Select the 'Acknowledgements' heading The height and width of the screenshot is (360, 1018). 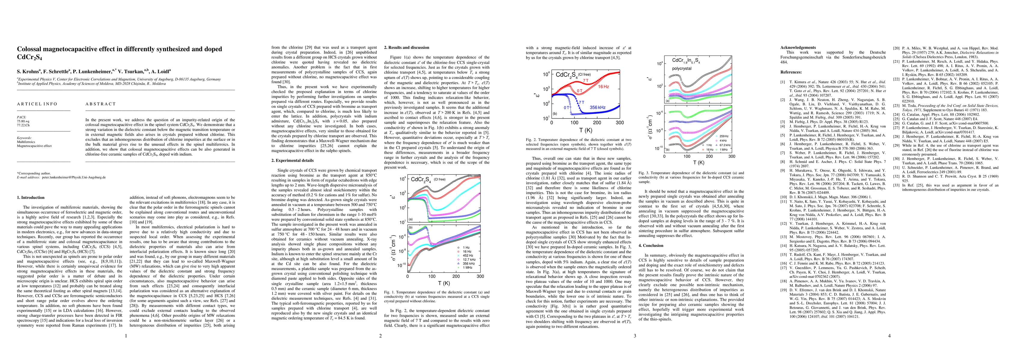[797, 47]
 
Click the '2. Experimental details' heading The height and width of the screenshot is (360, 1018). [292, 160]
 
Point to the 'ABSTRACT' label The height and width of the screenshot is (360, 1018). [100, 104]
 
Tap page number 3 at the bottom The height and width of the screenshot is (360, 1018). [635, 336]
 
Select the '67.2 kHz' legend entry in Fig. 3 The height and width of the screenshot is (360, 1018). [722, 145]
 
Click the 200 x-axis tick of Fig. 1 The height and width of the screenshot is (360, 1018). [456, 276]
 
